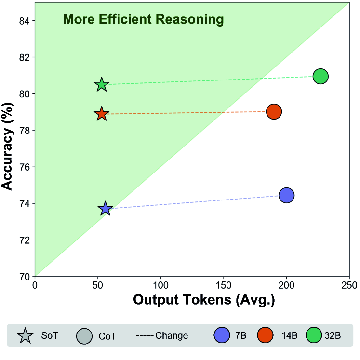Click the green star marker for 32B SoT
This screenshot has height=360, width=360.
pos(101,84)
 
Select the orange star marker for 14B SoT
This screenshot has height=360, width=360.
pos(101,114)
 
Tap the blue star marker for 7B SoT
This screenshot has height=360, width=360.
pos(105,209)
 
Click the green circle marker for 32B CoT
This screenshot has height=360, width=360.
pos(320,76)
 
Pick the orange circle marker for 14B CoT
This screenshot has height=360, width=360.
pos(274,111)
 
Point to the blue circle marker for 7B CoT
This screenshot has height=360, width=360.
pos(286,195)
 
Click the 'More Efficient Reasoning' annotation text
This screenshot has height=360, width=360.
pos(144,20)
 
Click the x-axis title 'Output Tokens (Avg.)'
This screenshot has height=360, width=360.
pos(203,300)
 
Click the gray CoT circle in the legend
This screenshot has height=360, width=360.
pos(84,335)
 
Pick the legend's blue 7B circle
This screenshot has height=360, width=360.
pos(223,335)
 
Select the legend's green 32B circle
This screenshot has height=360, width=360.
pos(314,335)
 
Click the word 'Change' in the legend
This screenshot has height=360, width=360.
pos(172,335)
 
